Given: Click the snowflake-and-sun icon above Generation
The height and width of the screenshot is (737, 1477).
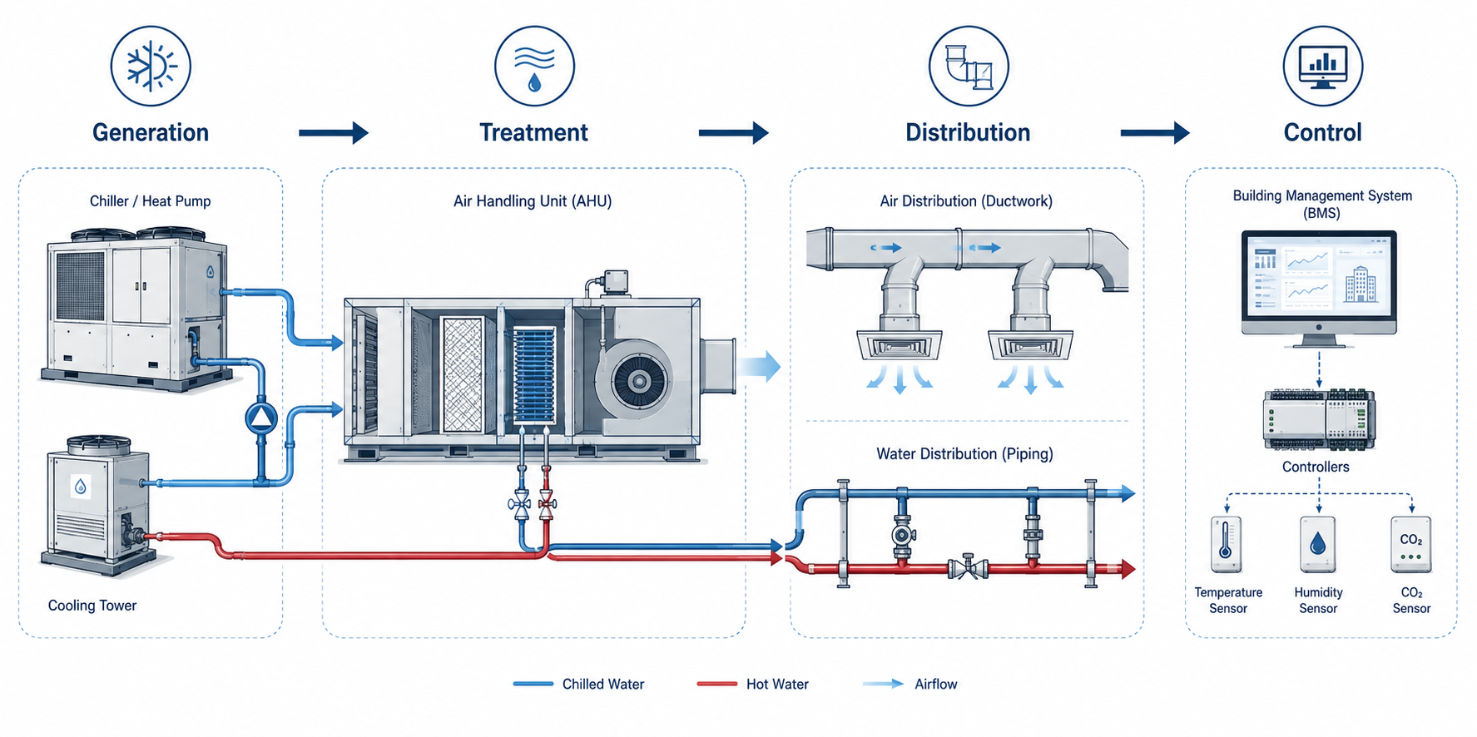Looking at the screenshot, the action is (151, 66).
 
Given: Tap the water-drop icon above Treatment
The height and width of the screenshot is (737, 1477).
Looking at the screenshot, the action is (534, 66).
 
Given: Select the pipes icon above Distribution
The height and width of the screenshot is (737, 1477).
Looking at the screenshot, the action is (969, 66).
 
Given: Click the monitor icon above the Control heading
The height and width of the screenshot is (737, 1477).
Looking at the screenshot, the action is (1322, 66).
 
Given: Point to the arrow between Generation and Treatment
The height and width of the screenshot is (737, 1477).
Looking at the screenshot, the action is (333, 132).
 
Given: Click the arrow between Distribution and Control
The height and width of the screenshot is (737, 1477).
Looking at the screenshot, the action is (1155, 132).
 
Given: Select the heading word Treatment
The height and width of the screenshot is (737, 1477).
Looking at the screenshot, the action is (533, 132).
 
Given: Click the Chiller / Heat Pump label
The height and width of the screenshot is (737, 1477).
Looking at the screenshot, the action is (151, 201).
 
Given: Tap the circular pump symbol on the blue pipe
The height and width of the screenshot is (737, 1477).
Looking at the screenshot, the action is (261, 418).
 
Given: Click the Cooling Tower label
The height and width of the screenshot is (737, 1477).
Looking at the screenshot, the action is (92, 606).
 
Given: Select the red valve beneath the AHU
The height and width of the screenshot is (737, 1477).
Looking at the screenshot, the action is (547, 503).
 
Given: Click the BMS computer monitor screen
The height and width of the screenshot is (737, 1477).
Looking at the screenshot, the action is (1319, 280).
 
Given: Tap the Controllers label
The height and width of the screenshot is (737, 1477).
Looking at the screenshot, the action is (1316, 467).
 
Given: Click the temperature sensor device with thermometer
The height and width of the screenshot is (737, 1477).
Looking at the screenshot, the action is (1227, 545).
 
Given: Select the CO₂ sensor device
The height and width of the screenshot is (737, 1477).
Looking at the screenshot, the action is (1411, 545).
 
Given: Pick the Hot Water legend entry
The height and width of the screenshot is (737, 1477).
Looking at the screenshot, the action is (753, 684).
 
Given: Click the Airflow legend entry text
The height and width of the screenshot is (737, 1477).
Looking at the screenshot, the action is (936, 684).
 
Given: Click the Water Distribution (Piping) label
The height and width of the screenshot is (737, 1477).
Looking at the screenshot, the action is (964, 454).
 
